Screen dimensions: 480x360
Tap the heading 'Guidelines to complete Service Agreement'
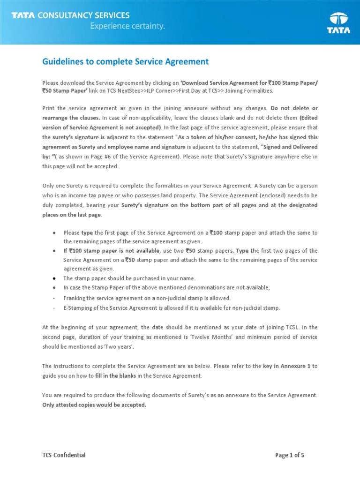coord(126,62)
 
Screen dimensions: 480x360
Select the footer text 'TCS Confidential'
coord(64,455)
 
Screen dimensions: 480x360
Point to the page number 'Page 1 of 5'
coord(290,455)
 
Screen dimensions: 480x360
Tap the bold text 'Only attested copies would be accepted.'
coord(94,405)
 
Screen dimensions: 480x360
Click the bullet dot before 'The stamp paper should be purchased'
coord(55,278)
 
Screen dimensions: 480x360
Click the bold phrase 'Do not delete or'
coord(294,108)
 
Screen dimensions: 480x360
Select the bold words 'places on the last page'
coord(70,214)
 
